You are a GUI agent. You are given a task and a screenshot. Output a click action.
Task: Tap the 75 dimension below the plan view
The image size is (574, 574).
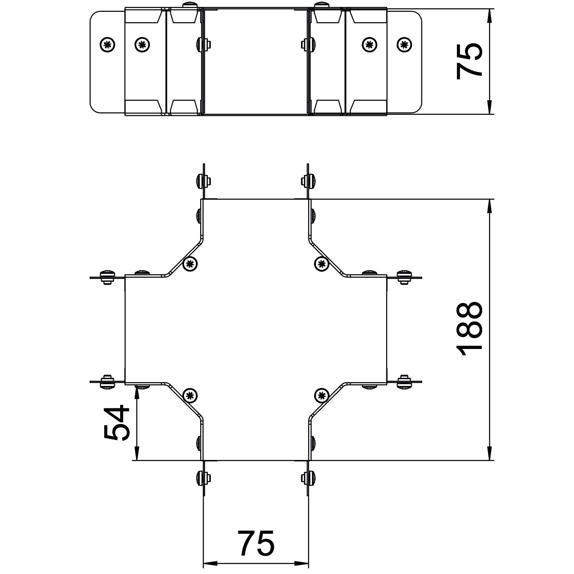[256, 543]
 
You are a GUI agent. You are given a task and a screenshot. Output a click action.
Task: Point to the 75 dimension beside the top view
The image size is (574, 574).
[469, 61]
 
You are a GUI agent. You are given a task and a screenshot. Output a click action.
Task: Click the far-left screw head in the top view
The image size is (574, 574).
[108, 45]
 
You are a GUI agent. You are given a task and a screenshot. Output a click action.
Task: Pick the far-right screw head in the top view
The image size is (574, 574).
[404, 45]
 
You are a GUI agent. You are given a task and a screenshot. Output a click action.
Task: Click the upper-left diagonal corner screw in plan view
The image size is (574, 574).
[190, 264]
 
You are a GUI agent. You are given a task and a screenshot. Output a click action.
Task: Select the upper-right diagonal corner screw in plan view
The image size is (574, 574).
[321, 263]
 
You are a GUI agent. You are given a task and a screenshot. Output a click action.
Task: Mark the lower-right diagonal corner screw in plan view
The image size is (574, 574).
[321, 396]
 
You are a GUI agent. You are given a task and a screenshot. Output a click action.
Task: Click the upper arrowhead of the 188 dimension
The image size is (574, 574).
[489, 205]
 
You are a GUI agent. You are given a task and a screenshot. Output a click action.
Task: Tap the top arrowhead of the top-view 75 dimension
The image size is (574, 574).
[489, 14]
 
